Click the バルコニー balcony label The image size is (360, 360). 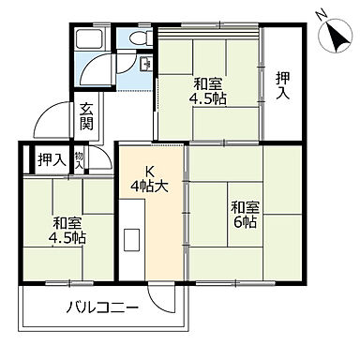coord(103,307)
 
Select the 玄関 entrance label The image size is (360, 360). coord(86,115)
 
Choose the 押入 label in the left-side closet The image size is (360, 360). coord(50,160)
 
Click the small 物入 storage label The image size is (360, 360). coord(81,160)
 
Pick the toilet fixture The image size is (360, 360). coord(138,39)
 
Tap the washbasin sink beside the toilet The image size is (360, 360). coord(146,64)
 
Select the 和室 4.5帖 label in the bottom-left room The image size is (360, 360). coord(67,232)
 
